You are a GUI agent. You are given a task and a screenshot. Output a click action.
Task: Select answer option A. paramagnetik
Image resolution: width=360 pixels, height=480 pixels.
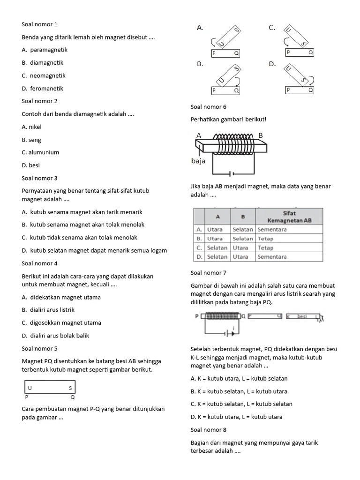click(45, 50)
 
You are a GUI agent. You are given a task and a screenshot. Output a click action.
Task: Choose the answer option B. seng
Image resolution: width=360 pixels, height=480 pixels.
click(31, 140)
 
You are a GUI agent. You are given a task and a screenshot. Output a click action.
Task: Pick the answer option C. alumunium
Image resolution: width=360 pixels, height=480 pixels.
click(40, 152)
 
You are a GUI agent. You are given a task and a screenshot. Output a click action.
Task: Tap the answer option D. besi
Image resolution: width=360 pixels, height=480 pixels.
click(31, 165)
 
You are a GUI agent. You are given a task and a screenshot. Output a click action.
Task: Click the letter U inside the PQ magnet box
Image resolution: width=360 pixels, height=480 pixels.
click(30, 388)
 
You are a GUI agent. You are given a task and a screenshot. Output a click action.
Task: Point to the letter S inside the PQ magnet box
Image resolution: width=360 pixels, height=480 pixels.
click(70, 388)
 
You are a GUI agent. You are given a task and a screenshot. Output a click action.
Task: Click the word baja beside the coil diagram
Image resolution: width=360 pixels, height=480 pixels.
click(198, 161)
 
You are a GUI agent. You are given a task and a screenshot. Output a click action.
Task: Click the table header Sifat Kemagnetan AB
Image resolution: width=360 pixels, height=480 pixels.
click(289, 217)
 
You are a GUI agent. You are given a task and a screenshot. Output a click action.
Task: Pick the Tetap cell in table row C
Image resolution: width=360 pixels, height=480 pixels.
click(265, 247)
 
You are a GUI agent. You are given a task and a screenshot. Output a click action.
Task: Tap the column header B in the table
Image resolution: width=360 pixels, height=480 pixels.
click(243, 217)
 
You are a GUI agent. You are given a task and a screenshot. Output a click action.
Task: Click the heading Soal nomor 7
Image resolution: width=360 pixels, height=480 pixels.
click(209, 272)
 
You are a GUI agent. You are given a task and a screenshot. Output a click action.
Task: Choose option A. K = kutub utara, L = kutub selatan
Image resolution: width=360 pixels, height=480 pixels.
click(239, 378)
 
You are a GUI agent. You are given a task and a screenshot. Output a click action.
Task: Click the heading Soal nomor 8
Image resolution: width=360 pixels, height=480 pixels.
click(209, 429)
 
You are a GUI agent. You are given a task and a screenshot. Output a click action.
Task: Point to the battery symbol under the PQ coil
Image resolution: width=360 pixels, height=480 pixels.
click(228, 334)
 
